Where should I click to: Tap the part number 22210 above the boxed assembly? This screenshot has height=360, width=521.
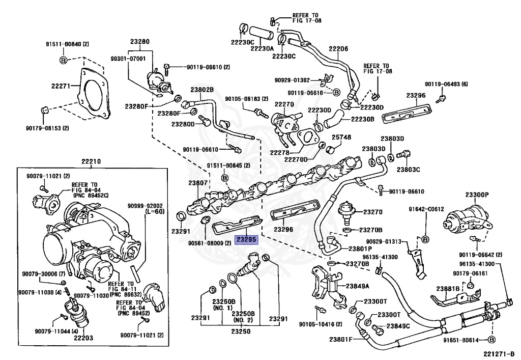92,162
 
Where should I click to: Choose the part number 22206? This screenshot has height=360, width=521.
338,49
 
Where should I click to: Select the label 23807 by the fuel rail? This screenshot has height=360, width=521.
198,183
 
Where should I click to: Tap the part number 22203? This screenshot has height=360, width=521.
83,338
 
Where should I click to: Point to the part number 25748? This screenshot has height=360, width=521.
341,137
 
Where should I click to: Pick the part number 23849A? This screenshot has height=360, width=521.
359,286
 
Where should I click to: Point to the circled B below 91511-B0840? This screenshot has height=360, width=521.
64,61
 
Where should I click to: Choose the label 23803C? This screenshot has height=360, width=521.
409,169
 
